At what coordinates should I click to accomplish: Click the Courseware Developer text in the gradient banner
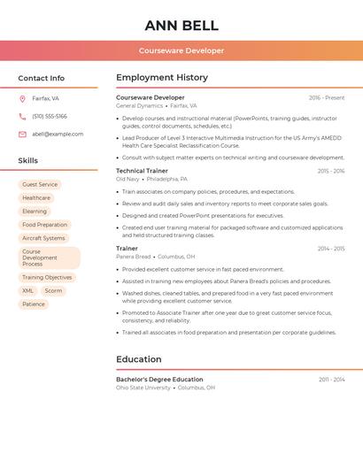181,50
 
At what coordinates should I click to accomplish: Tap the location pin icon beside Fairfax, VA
22,99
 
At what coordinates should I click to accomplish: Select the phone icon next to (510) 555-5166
22,117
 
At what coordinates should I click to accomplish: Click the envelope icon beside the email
22,135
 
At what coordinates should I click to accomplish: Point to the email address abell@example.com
58,135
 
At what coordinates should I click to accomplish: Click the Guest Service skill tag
40,185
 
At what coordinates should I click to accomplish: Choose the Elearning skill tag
35,211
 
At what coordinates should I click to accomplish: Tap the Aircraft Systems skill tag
43,238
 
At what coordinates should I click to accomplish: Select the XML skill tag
27,291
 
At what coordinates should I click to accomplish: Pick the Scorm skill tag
53,291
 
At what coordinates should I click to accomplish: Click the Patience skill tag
34,304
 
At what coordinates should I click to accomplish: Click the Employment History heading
162,78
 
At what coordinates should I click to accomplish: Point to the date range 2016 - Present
327,98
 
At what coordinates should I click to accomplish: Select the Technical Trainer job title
142,171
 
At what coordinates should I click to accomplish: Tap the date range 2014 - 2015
331,249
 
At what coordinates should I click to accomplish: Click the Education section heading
139,359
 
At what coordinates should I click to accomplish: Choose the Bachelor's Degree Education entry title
159,380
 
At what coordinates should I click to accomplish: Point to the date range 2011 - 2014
332,380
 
